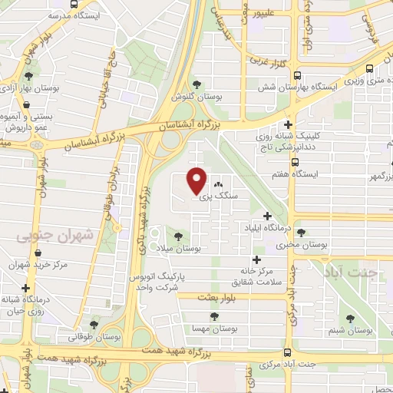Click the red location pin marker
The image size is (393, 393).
pos(197,180)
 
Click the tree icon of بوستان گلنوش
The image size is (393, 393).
pos(197,84)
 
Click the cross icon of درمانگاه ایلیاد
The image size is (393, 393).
pos(267,216)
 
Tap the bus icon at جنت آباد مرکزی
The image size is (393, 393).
pos(287,353)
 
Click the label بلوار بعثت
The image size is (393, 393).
pos(219,296)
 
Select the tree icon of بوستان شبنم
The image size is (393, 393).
pos(350,319)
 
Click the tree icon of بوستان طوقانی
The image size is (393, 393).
pos(94,325)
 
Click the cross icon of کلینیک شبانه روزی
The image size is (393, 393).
pos(289,124)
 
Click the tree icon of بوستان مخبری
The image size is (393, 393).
pos(300,232)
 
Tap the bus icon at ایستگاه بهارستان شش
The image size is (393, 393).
pos(297,75)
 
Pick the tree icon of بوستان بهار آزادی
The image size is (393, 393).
pos(28,76)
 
